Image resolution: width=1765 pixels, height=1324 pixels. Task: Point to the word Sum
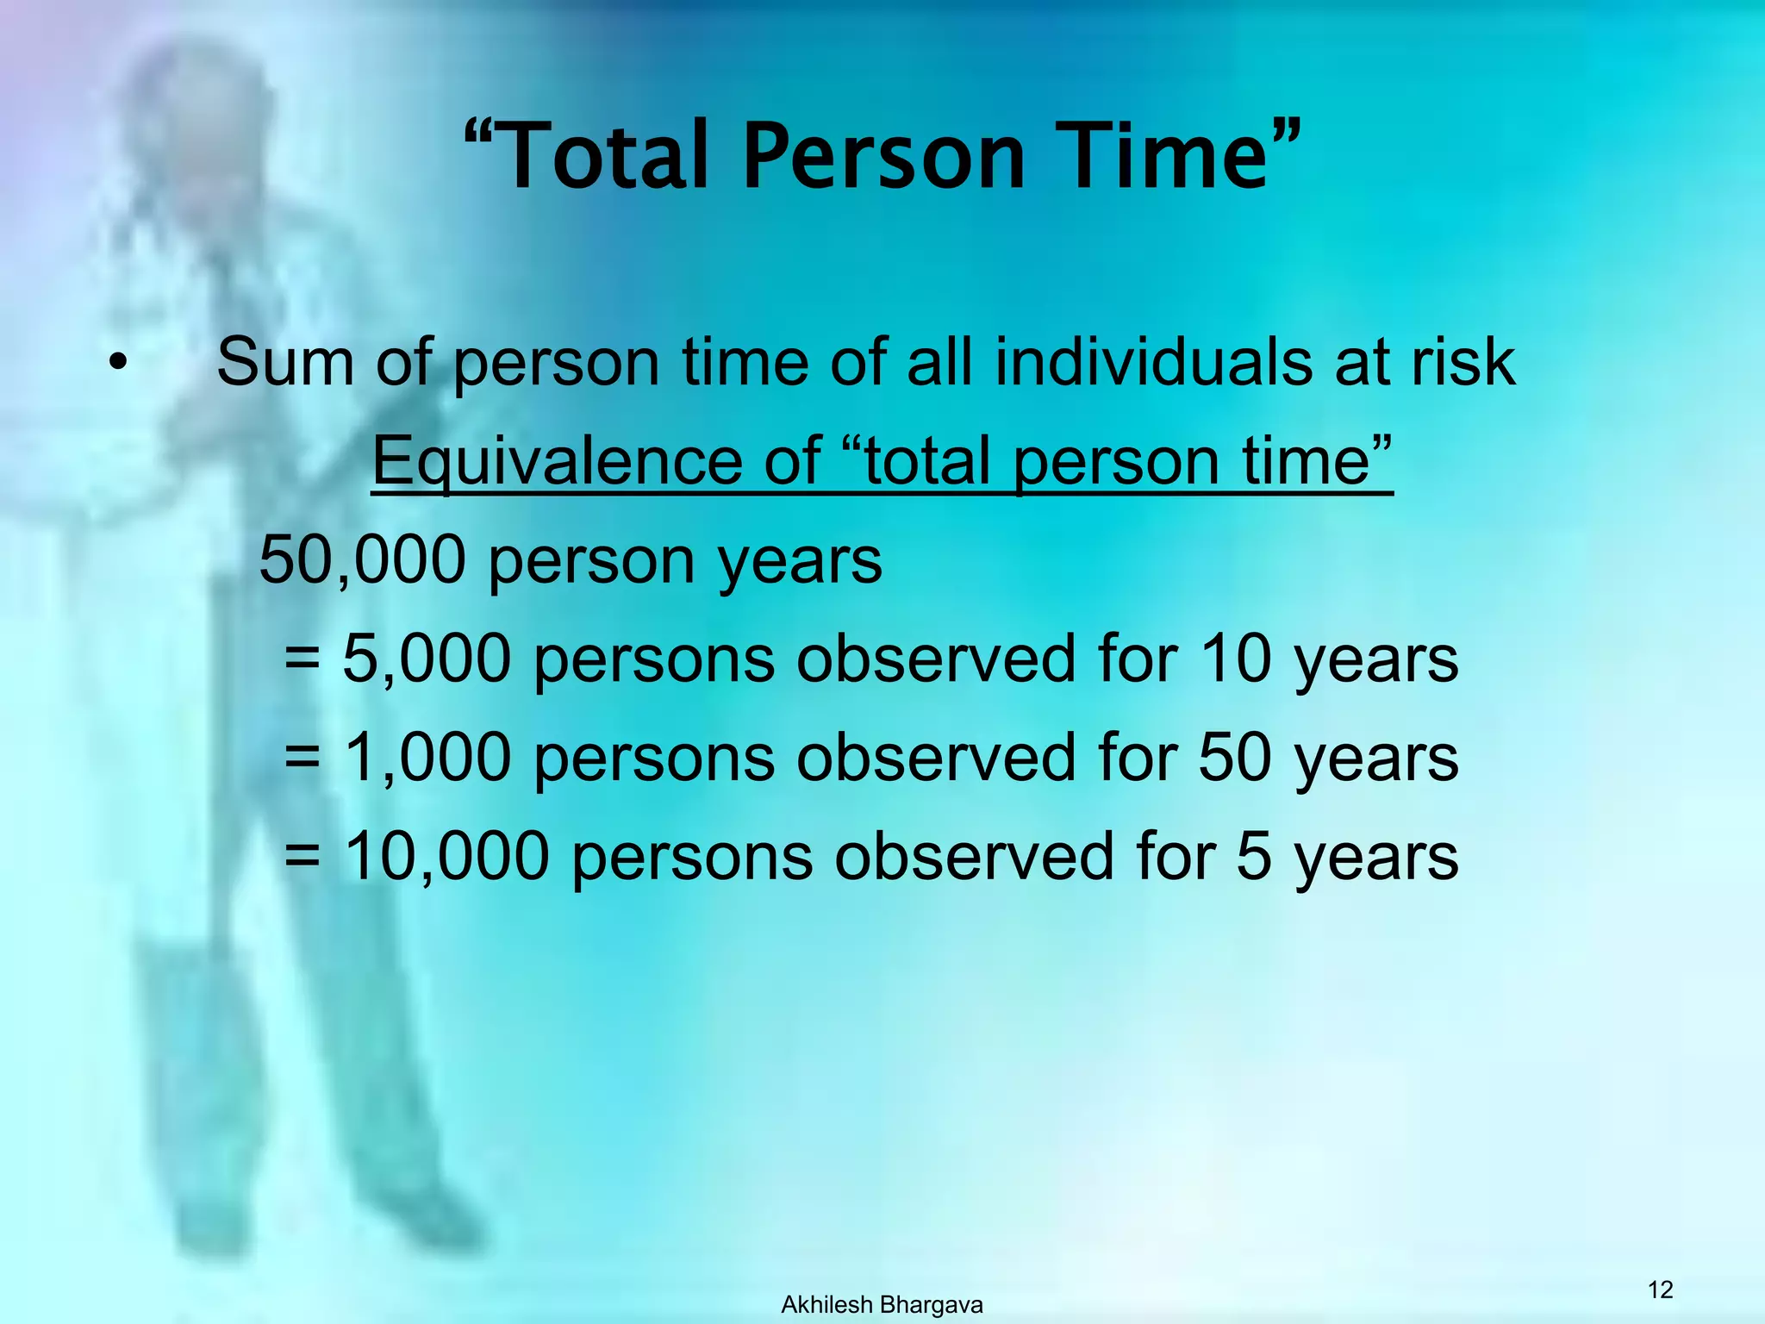tap(284, 362)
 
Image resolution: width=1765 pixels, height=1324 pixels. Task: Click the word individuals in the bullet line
tap(1155, 362)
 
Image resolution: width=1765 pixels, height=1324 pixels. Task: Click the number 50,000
tap(363, 560)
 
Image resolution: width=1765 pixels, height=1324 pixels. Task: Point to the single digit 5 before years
tap(1254, 857)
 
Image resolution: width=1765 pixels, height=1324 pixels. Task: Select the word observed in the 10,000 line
tap(974, 857)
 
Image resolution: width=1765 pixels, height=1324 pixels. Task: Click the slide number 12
tap(1660, 1290)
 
